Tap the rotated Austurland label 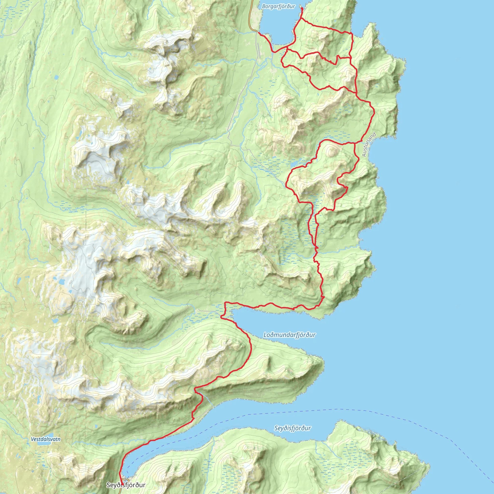(x=369, y=144)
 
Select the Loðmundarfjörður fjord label (x=289, y=335)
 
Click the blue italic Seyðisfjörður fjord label (x=293, y=428)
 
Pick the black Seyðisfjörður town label (x=126, y=485)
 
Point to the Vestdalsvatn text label (x=46, y=439)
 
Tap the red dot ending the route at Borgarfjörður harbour (x=302, y=8)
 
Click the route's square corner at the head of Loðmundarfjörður (x=225, y=303)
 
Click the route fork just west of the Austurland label (x=355, y=144)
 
